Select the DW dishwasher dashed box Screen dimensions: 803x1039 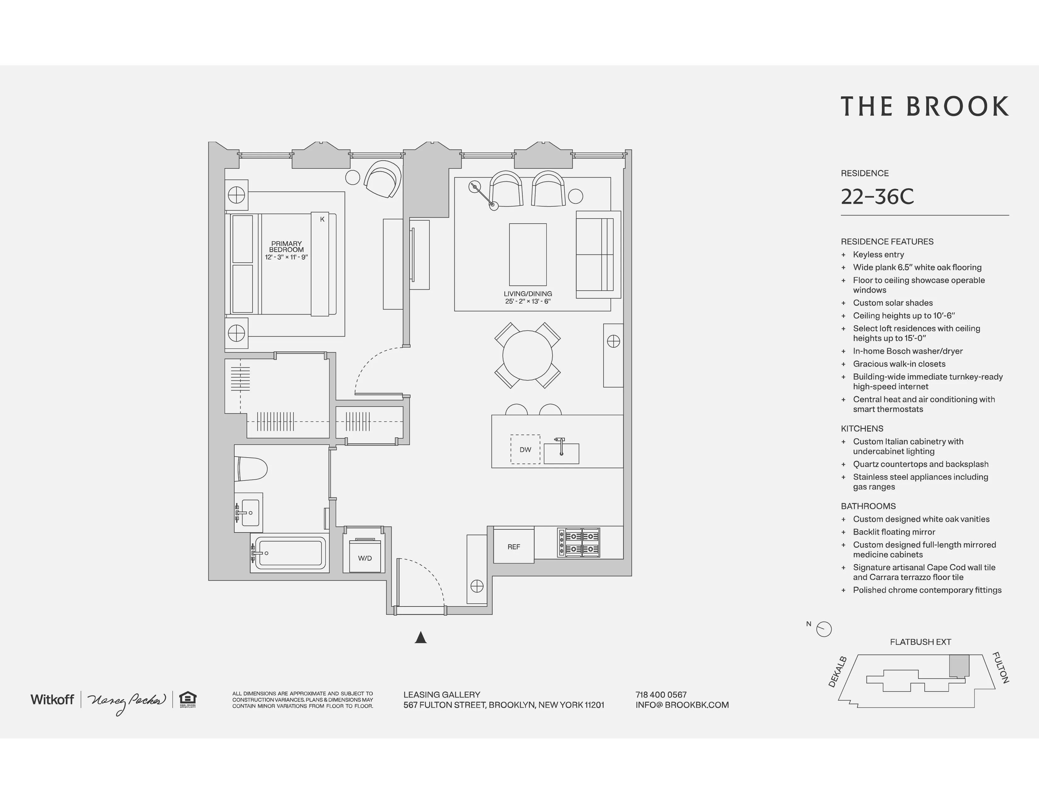525,449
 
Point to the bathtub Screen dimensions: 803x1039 290,552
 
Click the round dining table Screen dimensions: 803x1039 527,355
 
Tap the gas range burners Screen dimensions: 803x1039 578,542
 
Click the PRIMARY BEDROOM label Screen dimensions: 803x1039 287,247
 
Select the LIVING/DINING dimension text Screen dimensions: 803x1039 528,301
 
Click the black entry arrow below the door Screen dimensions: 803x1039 421,637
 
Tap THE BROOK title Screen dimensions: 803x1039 924,106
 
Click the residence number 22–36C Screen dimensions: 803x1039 877,196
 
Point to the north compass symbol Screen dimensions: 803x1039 824,629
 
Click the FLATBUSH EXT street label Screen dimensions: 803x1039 920,642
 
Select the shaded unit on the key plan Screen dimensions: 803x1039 959,665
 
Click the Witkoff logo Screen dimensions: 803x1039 52,699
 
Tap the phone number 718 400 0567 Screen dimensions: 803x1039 661,695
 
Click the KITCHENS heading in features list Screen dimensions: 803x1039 861,429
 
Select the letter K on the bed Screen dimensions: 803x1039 322,219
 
